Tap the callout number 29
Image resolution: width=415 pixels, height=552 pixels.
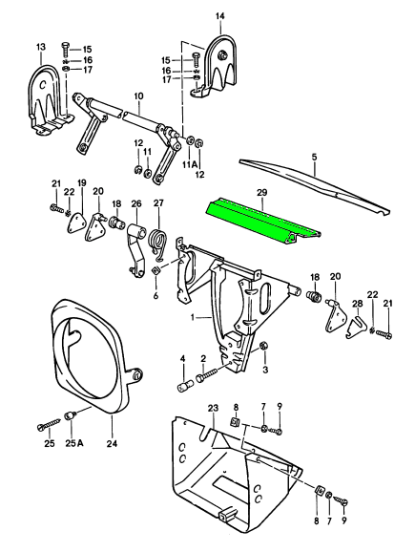261,192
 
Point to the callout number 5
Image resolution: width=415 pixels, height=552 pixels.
314,157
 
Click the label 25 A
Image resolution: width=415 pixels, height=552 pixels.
74,443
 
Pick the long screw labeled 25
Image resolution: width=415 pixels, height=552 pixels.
49,422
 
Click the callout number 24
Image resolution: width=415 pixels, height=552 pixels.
112,443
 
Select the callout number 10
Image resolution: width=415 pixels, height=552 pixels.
138,96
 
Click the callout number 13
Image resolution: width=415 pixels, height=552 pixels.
41,47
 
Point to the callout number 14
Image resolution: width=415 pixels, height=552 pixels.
220,16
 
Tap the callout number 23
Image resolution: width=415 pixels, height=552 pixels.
213,408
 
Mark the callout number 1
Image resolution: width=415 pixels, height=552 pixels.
193,317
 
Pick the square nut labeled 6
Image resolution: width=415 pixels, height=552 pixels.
156,271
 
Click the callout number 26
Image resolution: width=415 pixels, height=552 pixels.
136,203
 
